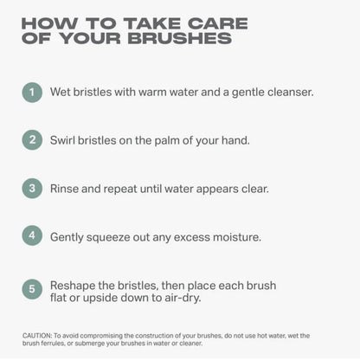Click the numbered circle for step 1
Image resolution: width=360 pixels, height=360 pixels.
pyautogui.click(x=32, y=93)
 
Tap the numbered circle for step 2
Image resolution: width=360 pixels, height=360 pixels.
pyautogui.click(x=32, y=140)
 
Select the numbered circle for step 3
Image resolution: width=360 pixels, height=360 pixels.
pyautogui.click(x=32, y=189)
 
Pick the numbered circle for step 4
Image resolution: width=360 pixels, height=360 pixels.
pyautogui.click(x=32, y=235)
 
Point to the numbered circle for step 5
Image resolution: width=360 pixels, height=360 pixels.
pyautogui.click(x=32, y=289)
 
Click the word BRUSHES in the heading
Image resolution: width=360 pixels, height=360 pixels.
pyautogui.click(x=180, y=38)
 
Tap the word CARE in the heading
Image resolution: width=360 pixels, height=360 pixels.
pyautogui.click(x=218, y=23)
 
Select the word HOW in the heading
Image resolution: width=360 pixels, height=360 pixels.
pyautogui.click(x=49, y=23)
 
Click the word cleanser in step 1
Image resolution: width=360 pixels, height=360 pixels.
pyautogui.click(x=291, y=92)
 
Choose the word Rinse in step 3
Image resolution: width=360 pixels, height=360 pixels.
pyautogui.click(x=64, y=189)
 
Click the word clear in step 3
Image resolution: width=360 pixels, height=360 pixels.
pyautogui.click(x=255, y=189)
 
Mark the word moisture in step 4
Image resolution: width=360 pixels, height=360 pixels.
pyautogui.click(x=237, y=237)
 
